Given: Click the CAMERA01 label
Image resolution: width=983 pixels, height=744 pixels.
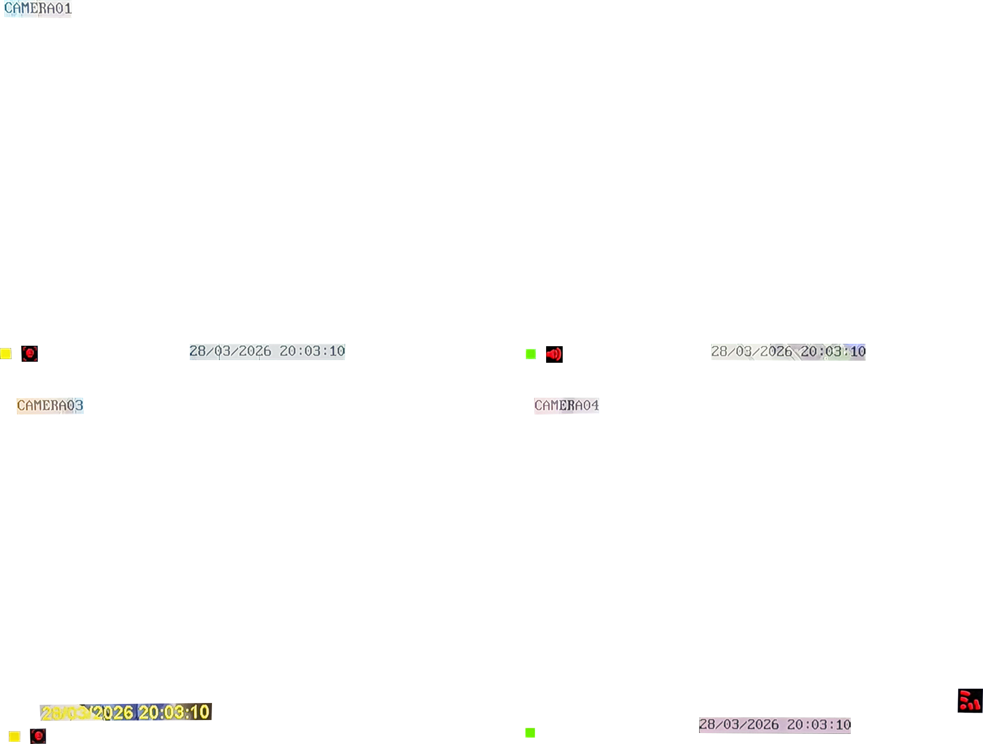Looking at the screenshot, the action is pyautogui.click(x=38, y=8).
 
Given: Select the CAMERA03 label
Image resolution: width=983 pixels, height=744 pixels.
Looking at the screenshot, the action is pyautogui.click(x=50, y=405).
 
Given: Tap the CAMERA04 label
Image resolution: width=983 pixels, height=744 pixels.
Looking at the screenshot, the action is pyautogui.click(x=566, y=405).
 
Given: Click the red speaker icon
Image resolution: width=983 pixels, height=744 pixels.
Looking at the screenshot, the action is pyautogui.click(x=554, y=354).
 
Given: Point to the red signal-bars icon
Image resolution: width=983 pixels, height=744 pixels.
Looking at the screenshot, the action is pyautogui.click(x=970, y=701).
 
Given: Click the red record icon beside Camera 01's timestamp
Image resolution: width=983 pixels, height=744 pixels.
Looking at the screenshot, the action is pyautogui.click(x=29, y=354).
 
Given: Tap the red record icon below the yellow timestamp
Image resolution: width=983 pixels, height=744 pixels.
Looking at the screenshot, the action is pyautogui.click(x=38, y=736).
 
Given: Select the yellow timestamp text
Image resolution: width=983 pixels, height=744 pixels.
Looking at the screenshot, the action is pyautogui.click(x=125, y=713).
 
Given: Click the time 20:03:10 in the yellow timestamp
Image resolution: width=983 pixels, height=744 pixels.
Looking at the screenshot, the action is pyautogui.click(x=174, y=713).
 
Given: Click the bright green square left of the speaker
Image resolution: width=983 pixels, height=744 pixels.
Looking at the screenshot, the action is pyautogui.click(x=531, y=354).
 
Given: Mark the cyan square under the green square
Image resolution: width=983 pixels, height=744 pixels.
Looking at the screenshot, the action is pyautogui.click(x=531, y=365).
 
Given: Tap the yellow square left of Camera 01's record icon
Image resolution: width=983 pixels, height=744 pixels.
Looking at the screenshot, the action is pyautogui.click(x=6, y=354).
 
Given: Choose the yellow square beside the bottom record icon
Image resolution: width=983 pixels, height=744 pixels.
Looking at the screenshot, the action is pyautogui.click(x=14, y=736).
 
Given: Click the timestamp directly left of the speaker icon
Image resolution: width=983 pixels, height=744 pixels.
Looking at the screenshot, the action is pyautogui.click(x=267, y=351).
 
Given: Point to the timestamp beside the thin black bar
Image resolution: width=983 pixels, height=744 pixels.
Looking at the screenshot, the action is pyautogui.click(x=788, y=352).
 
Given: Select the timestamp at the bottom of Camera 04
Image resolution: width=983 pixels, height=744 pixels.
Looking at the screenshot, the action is pyautogui.click(x=775, y=725).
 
